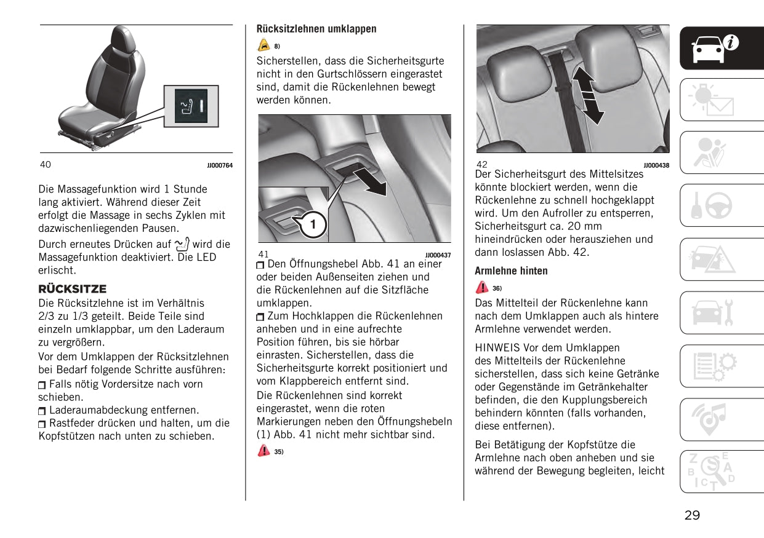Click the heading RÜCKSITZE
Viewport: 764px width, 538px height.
coord(73,288)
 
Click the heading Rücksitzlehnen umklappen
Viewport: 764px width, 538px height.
coord(316,29)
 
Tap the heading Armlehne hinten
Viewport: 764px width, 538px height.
coord(511,271)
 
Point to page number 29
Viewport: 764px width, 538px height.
coord(692,515)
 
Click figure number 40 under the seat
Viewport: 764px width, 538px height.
coord(46,164)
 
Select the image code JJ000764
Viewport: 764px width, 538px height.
coord(220,165)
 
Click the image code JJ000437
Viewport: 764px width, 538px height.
coord(438,255)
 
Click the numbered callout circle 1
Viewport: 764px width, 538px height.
coord(313,224)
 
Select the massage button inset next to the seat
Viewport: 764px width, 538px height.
coord(191,107)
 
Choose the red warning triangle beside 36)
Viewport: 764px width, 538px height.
coord(481,288)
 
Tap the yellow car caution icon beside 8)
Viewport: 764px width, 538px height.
coord(263,45)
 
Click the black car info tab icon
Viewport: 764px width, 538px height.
coord(713,48)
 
